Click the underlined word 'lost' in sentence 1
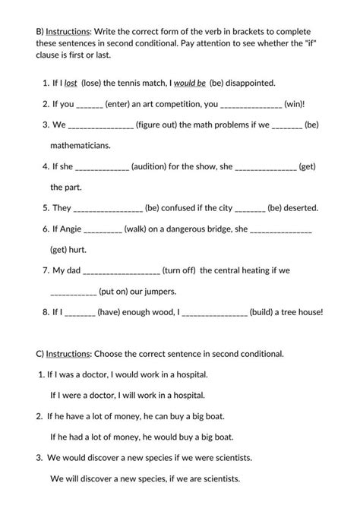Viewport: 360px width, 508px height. tap(71, 82)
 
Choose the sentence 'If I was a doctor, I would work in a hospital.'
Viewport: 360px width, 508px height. tap(126, 374)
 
